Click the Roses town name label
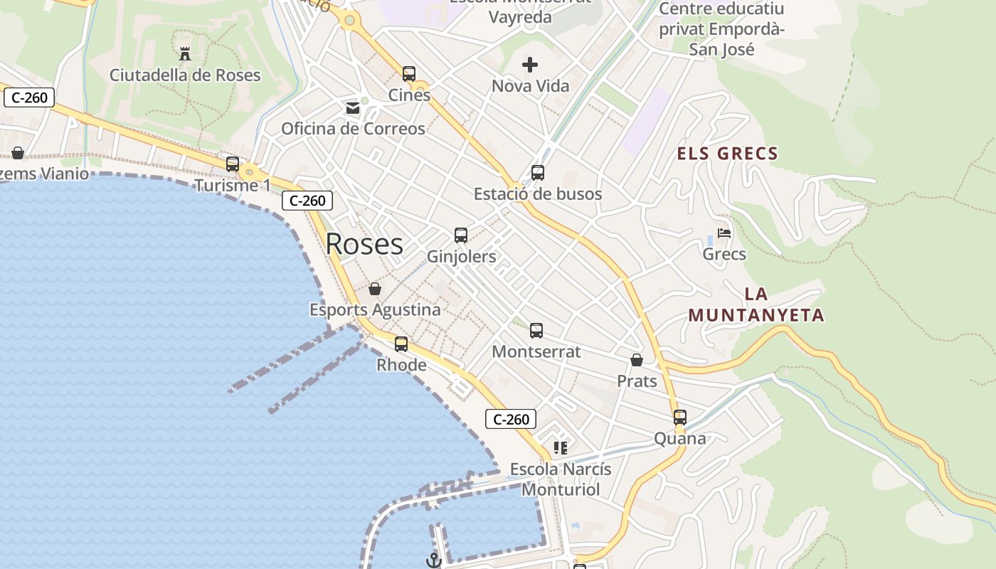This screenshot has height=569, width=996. coord(364,244)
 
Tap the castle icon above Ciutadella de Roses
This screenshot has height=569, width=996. coord(185,53)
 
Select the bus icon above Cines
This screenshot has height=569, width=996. coord(409,73)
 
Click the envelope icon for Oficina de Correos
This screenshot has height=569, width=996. coord(352,108)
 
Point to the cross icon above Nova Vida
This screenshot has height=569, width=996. coord(530,65)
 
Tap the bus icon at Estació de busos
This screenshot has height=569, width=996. coord(538,173)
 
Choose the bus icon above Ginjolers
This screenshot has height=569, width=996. coord(461,235)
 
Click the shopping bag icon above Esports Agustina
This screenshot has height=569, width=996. coord(375,289)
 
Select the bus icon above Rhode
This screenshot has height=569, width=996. coord(401,344)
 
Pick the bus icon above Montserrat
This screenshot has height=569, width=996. coord(536,331)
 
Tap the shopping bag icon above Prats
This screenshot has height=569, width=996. coord(637,361)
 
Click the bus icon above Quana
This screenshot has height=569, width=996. coord(680,418)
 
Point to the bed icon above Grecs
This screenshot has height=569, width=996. coord(724,233)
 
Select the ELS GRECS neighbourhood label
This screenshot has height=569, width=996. coord(727,154)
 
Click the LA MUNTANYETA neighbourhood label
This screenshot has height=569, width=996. coord(756,304)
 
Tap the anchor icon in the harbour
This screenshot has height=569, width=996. coord(433,560)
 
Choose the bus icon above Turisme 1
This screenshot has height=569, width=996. coord(233,164)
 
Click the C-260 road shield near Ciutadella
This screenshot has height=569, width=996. coord(29,97)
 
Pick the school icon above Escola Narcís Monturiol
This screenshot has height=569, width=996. coord(561,448)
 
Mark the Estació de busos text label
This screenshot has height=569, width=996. coord(538,194)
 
